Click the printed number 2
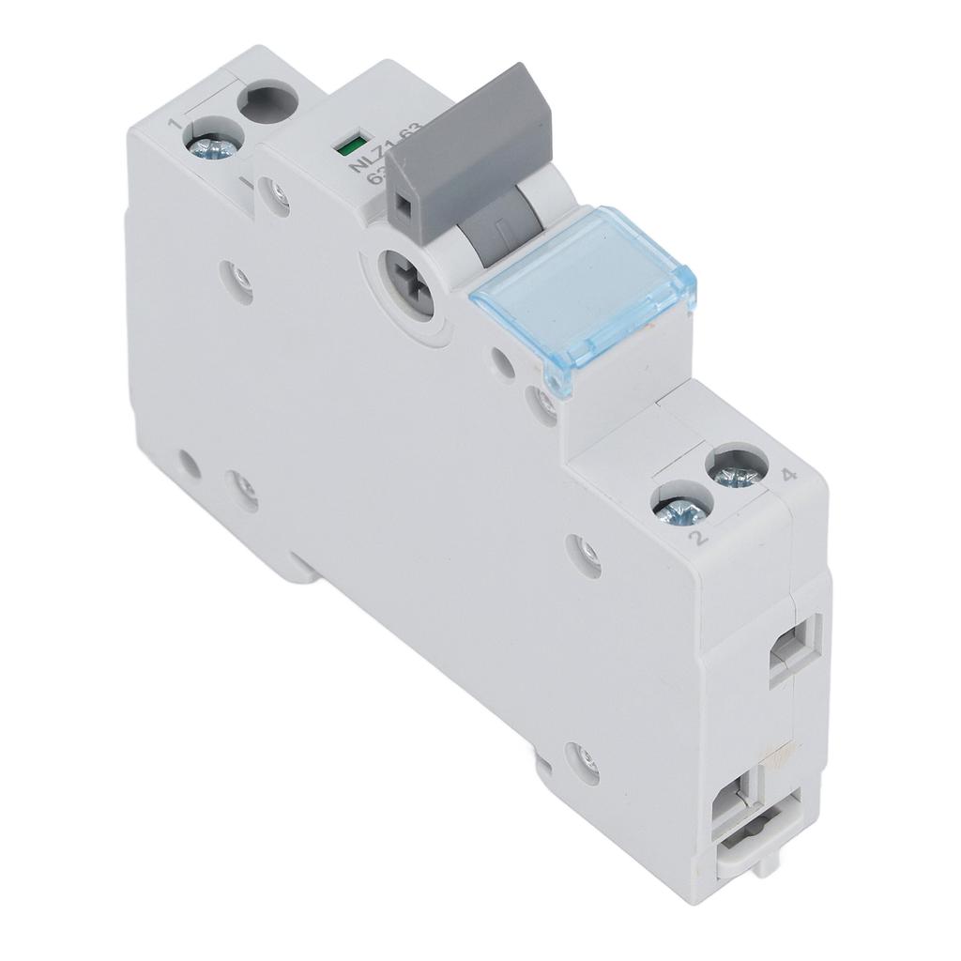coord(695,539)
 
